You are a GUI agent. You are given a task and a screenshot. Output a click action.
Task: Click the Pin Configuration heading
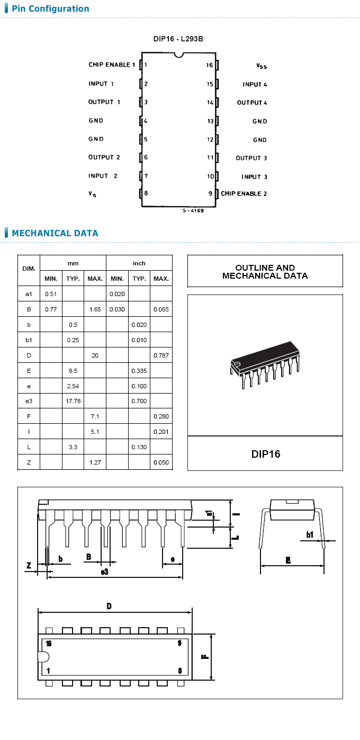click(50, 9)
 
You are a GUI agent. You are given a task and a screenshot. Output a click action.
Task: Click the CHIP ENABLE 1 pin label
click(112, 65)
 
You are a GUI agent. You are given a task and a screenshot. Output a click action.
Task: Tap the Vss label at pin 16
click(262, 66)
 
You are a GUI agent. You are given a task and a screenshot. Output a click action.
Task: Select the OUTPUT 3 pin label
click(251, 158)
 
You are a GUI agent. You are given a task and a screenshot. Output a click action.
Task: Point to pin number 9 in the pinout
click(210, 193)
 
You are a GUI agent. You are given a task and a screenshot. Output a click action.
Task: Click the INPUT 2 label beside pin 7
click(103, 176)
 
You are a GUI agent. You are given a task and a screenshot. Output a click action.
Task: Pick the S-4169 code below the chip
click(193, 211)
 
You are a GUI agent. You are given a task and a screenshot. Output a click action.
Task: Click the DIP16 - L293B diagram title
click(178, 40)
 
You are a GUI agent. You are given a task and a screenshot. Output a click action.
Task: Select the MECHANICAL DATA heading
click(55, 233)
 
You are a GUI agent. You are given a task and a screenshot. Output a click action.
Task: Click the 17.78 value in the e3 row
click(73, 401)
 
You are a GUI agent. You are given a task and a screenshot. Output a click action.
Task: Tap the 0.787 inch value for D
click(161, 355)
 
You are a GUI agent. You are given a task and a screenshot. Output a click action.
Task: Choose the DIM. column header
click(29, 269)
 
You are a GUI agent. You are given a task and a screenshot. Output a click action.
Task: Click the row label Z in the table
click(29, 462)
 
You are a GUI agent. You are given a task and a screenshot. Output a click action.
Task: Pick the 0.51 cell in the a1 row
click(51, 293)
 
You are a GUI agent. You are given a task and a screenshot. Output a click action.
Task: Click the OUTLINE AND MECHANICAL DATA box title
click(265, 272)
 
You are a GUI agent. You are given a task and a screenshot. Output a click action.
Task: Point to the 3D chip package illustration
click(265, 365)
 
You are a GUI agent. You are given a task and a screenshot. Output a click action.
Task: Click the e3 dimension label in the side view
click(105, 572)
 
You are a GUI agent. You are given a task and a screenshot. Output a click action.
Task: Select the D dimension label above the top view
click(109, 606)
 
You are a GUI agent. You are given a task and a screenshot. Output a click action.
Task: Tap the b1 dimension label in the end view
click(310, 535)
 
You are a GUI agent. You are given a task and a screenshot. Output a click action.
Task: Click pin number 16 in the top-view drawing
click(49, 644)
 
